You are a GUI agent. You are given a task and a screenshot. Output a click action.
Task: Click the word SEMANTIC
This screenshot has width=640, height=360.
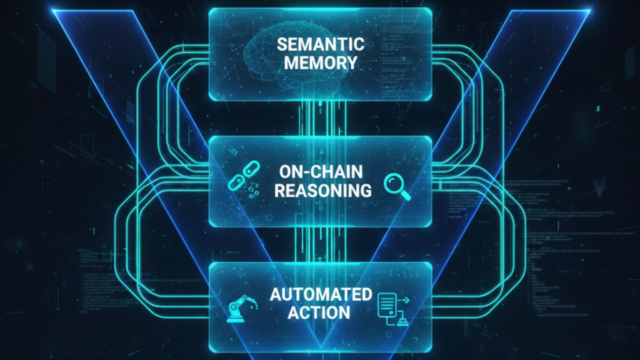click(x=320, y=44)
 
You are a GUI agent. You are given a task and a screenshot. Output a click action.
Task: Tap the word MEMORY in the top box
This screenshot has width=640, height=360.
click(x=320, y=63)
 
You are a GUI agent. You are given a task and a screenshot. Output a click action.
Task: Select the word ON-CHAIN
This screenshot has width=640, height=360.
click(x=320, y=172)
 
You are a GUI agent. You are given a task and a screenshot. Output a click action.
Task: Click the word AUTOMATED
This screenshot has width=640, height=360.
click(x=320, y=294)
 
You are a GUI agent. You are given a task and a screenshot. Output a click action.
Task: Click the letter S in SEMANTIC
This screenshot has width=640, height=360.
click(x=282, y=44)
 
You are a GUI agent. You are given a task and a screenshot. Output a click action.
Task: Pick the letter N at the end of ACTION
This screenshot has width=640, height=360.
click(x=342, y=312)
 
